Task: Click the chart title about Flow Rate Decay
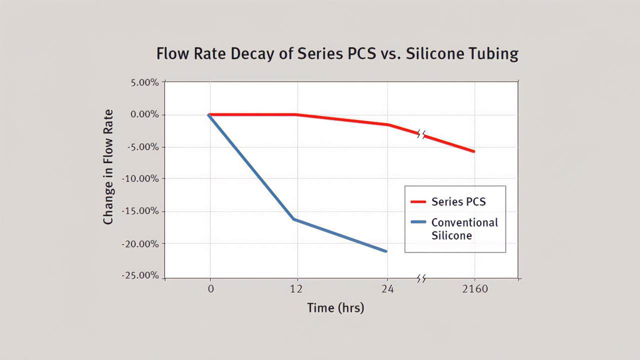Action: (337, 53)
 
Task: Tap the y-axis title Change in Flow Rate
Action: (108, 167)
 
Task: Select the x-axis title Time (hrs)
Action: (335, 308)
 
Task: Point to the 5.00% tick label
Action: (144, 82)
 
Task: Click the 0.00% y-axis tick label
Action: (144, 114)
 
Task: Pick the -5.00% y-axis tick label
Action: (143, 147)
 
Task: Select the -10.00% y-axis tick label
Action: (141, 179)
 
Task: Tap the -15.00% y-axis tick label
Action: (141, 211)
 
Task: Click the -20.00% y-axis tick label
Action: (141, 243)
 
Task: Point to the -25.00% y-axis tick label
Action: (141, 275)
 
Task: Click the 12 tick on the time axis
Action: (297, 289)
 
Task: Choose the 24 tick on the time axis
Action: (387, 289)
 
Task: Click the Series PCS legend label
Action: (458, 202)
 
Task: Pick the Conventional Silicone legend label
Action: (464, 229)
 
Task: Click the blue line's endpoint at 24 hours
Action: (386, 251)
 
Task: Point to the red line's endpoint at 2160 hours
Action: (473, 151)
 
